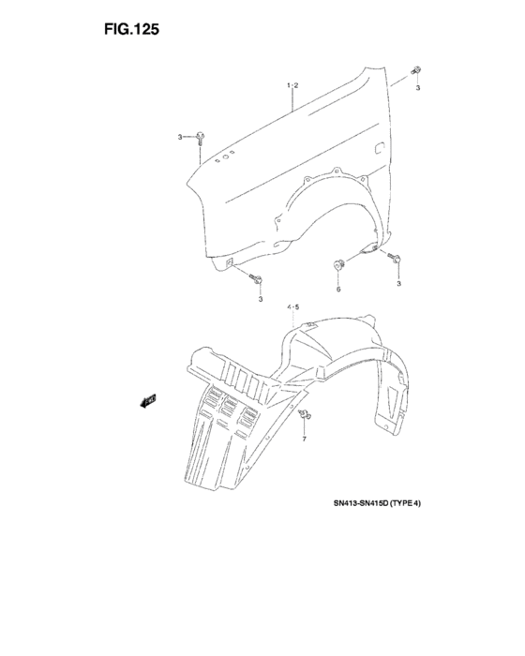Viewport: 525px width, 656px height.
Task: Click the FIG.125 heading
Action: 131,29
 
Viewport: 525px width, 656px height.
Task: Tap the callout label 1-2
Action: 292,85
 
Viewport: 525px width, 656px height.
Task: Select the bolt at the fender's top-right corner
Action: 416,70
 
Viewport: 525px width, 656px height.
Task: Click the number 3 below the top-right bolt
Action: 418,88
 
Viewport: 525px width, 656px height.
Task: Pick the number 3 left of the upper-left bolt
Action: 180,137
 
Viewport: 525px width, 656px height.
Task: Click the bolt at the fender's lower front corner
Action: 256,278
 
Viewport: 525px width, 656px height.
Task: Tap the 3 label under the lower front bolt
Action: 261,299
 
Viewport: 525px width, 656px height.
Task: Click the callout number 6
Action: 338,289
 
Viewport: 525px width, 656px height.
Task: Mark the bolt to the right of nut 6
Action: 395,258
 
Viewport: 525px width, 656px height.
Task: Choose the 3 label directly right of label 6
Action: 399,284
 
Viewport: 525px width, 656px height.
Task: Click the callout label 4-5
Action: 293,307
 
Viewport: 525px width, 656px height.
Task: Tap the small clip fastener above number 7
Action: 305,414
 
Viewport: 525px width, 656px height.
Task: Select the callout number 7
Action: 305,439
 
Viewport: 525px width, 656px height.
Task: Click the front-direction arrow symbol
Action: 148,401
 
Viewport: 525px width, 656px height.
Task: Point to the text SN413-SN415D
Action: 361,503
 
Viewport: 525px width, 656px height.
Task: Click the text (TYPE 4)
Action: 405,503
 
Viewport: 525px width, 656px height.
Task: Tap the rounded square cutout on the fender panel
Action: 379,148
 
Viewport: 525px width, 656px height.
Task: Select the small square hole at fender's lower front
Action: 230,262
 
